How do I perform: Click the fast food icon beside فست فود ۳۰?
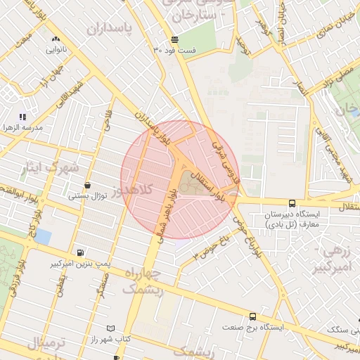(x=174, y=39)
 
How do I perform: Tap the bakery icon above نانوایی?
(x=56, y=39)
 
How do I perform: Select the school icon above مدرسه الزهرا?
(x=23, y=117)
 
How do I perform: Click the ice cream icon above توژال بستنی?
(x=87, y=186)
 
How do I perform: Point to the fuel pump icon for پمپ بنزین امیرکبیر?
(x=82, y=252)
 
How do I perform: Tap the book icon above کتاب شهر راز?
(x=109, y=328)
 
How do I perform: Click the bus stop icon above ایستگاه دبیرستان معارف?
(x=292, y=203)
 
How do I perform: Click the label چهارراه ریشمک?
(x=142, y=281)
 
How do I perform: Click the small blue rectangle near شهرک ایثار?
(x=43, y=236)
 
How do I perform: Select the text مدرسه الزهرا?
(x=22, y=128)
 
